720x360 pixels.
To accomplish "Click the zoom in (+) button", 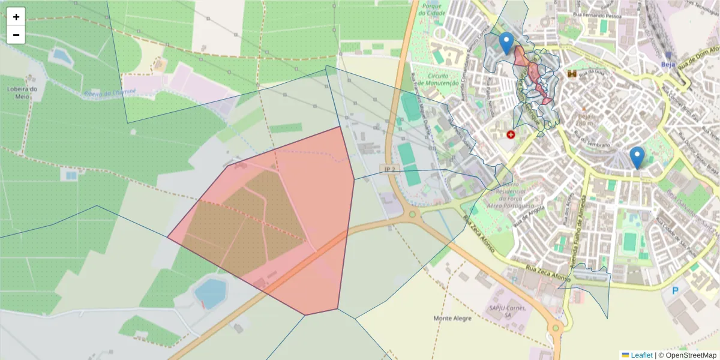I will [x=16, y=17].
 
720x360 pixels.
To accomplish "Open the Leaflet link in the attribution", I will [x=641, y=355].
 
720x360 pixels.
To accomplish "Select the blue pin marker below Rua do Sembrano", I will [x=637, y=157].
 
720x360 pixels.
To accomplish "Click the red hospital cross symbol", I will [x=511, y=135].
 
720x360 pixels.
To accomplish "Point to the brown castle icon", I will [x=572, y=74].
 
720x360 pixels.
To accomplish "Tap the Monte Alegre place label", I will [x=452, y=318].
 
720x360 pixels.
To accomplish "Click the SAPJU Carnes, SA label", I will [x=508, y=311].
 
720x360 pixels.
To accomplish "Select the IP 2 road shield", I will [x=389, y=169].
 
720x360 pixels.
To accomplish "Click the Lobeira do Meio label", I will [x=22, y=92].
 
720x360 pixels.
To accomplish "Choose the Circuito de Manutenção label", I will [x=443, y=80].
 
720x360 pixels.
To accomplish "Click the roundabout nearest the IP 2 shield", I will [x=412, y=214].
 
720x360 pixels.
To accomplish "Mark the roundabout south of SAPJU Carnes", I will [x=556, y=327].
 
